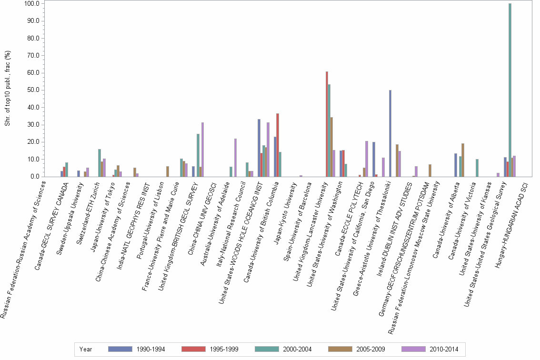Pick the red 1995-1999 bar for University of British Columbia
point(278,145)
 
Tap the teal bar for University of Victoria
point(477,168)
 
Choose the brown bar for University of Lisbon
point(168,171)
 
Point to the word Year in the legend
point(86,349)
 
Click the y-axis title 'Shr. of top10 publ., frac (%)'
point(8,90)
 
